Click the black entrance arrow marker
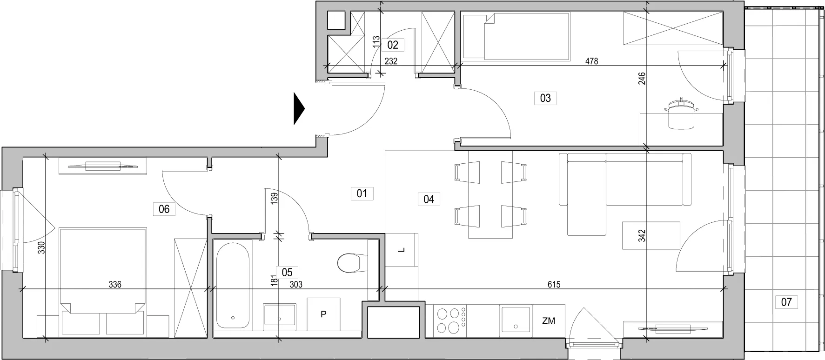[299, 109]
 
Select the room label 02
[393, 45]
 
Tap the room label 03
[545, 98]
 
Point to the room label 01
[362, 193]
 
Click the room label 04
[429, 200]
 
